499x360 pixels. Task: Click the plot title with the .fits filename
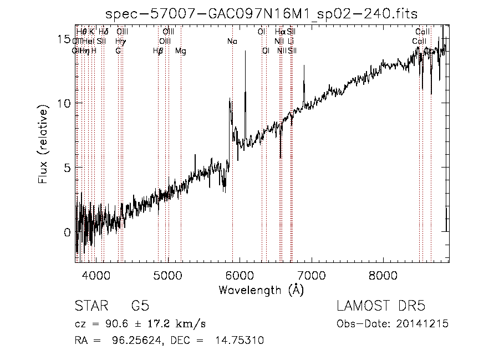pos(262,13)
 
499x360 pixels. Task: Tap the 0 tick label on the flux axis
pos(67,232)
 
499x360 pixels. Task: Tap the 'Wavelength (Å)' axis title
pos(261,290)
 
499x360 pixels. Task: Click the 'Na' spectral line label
pos(232,41)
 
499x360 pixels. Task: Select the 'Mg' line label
pos(181,51)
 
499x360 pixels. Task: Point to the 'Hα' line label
pos(280,32)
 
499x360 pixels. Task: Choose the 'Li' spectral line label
pos(291,41)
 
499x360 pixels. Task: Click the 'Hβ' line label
pos(158,51)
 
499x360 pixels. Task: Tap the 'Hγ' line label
pos(120,41)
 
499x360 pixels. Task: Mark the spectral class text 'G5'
pos(140,306)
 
